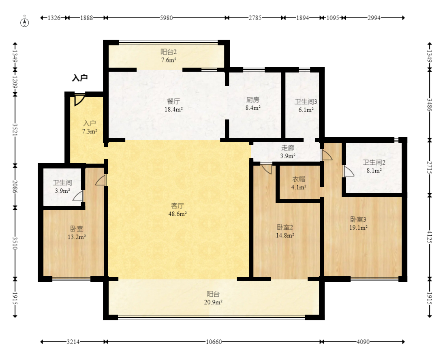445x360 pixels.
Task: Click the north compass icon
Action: click(25, 22)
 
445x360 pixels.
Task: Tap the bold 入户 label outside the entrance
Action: click(80, 78)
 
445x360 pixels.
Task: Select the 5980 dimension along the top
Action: click(166, 18)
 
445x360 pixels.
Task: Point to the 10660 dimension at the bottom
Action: click(214, 342)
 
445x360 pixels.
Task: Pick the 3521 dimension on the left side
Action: click(15, 130)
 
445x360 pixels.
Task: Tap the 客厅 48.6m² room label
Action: click(178, 210)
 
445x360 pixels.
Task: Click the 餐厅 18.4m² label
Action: click(173, 105)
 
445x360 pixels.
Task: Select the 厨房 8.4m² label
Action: click(252, 104)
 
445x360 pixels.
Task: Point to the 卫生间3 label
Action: click(306, 102)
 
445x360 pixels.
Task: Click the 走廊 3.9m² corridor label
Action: click(288, 151)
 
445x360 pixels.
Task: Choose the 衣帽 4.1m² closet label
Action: click(299, 183)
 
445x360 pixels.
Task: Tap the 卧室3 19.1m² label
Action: click(358, 224)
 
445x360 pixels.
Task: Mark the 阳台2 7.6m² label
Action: click(169, 56)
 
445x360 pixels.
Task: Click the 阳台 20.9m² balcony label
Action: click(213, 298)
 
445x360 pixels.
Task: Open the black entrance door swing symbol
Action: click(79, 100)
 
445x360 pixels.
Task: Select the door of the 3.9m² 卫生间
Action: click(78, 196)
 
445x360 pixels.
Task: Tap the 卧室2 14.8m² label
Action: click(285, 231)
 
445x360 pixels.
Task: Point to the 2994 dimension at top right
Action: click(374, 18)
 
